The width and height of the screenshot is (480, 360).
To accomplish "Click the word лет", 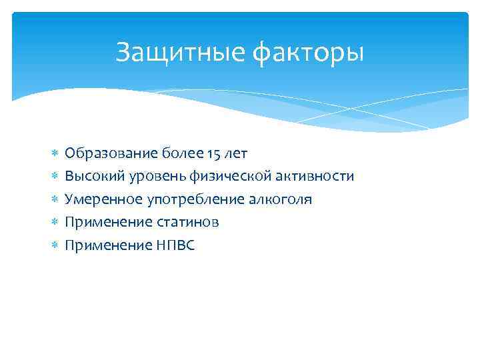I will click(237, 154).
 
